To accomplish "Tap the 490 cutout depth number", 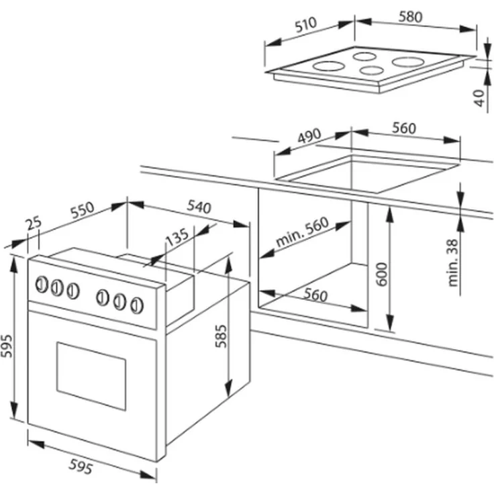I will pos(309,136).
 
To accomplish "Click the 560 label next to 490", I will pos(403,128).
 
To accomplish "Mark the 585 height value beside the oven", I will pos(223,335).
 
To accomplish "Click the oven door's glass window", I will pos(91,375).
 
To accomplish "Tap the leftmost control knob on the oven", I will pos(41,285).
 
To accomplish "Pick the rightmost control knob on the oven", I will pos(137,305).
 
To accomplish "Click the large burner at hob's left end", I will pos(329,66).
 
